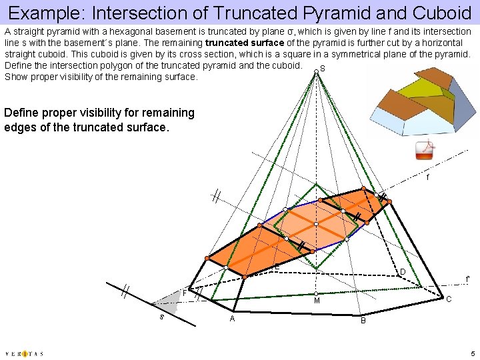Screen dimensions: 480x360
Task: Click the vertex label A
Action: coord(232,319)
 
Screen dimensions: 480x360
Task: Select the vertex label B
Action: coord(363,321)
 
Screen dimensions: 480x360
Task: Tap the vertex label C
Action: coord(449,299)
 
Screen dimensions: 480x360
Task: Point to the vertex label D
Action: coord(403,271)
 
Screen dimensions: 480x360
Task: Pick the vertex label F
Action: coord(185,293)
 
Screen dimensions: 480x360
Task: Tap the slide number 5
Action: coord(471,353)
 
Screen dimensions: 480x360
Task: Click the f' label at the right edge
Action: coord(468,279)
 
